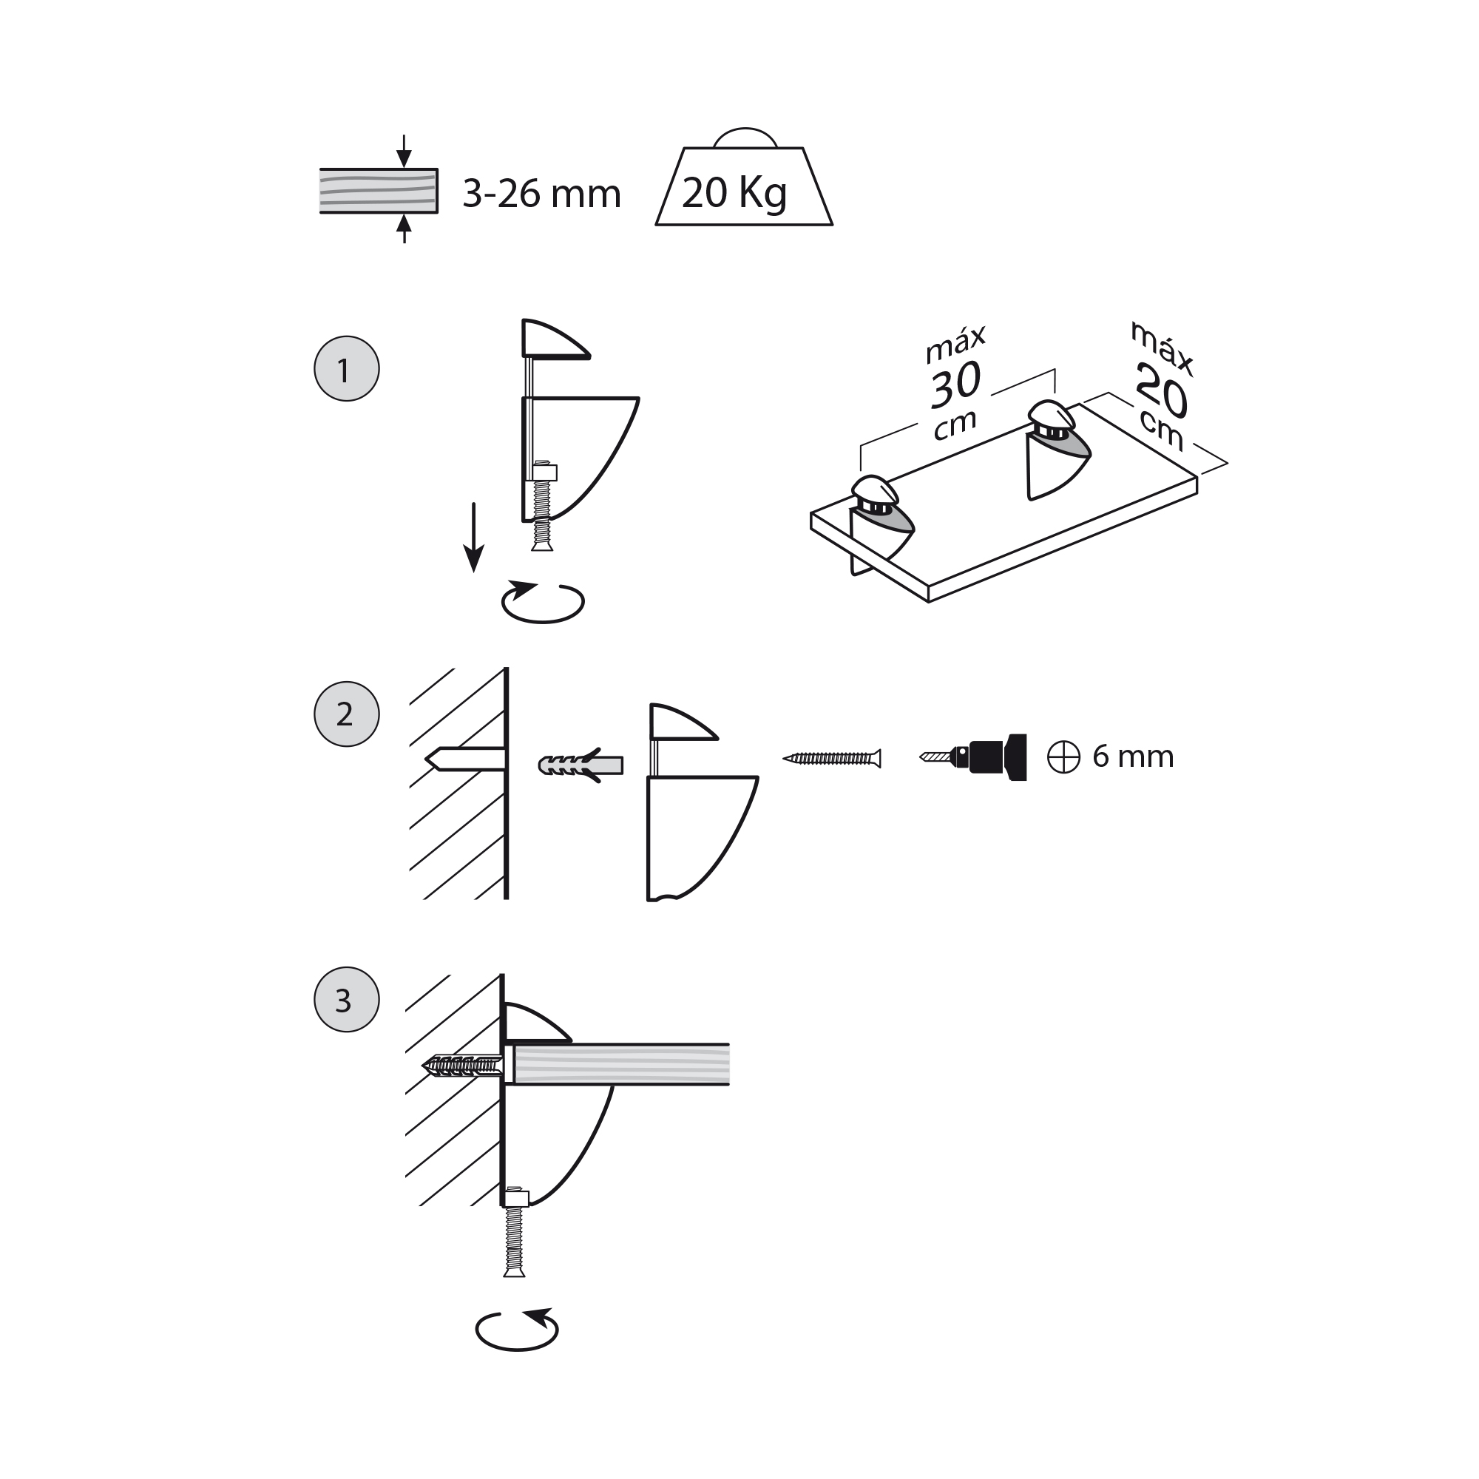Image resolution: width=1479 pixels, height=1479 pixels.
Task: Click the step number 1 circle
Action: point(347,369)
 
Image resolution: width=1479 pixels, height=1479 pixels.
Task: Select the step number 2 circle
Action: point(347,714)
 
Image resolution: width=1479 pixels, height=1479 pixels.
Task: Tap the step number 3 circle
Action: point(347,1000)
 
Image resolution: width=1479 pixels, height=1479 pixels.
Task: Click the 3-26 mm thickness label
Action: point(541,194)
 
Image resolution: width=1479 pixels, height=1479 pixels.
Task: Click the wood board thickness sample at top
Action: point(379,191)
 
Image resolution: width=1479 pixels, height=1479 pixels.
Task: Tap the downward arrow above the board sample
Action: point(405,151)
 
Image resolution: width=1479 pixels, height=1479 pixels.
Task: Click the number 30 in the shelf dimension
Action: point(955,385)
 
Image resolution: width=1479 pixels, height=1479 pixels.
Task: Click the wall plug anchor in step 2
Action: point(581,765)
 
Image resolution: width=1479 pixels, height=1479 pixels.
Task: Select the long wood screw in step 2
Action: point(832,759)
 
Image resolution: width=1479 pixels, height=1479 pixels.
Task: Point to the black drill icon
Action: point(973,757)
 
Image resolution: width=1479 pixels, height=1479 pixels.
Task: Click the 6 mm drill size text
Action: point(1133,757)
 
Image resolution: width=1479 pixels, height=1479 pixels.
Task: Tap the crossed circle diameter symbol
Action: point(1063,758)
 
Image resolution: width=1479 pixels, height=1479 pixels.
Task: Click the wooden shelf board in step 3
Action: point(621,1064)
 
